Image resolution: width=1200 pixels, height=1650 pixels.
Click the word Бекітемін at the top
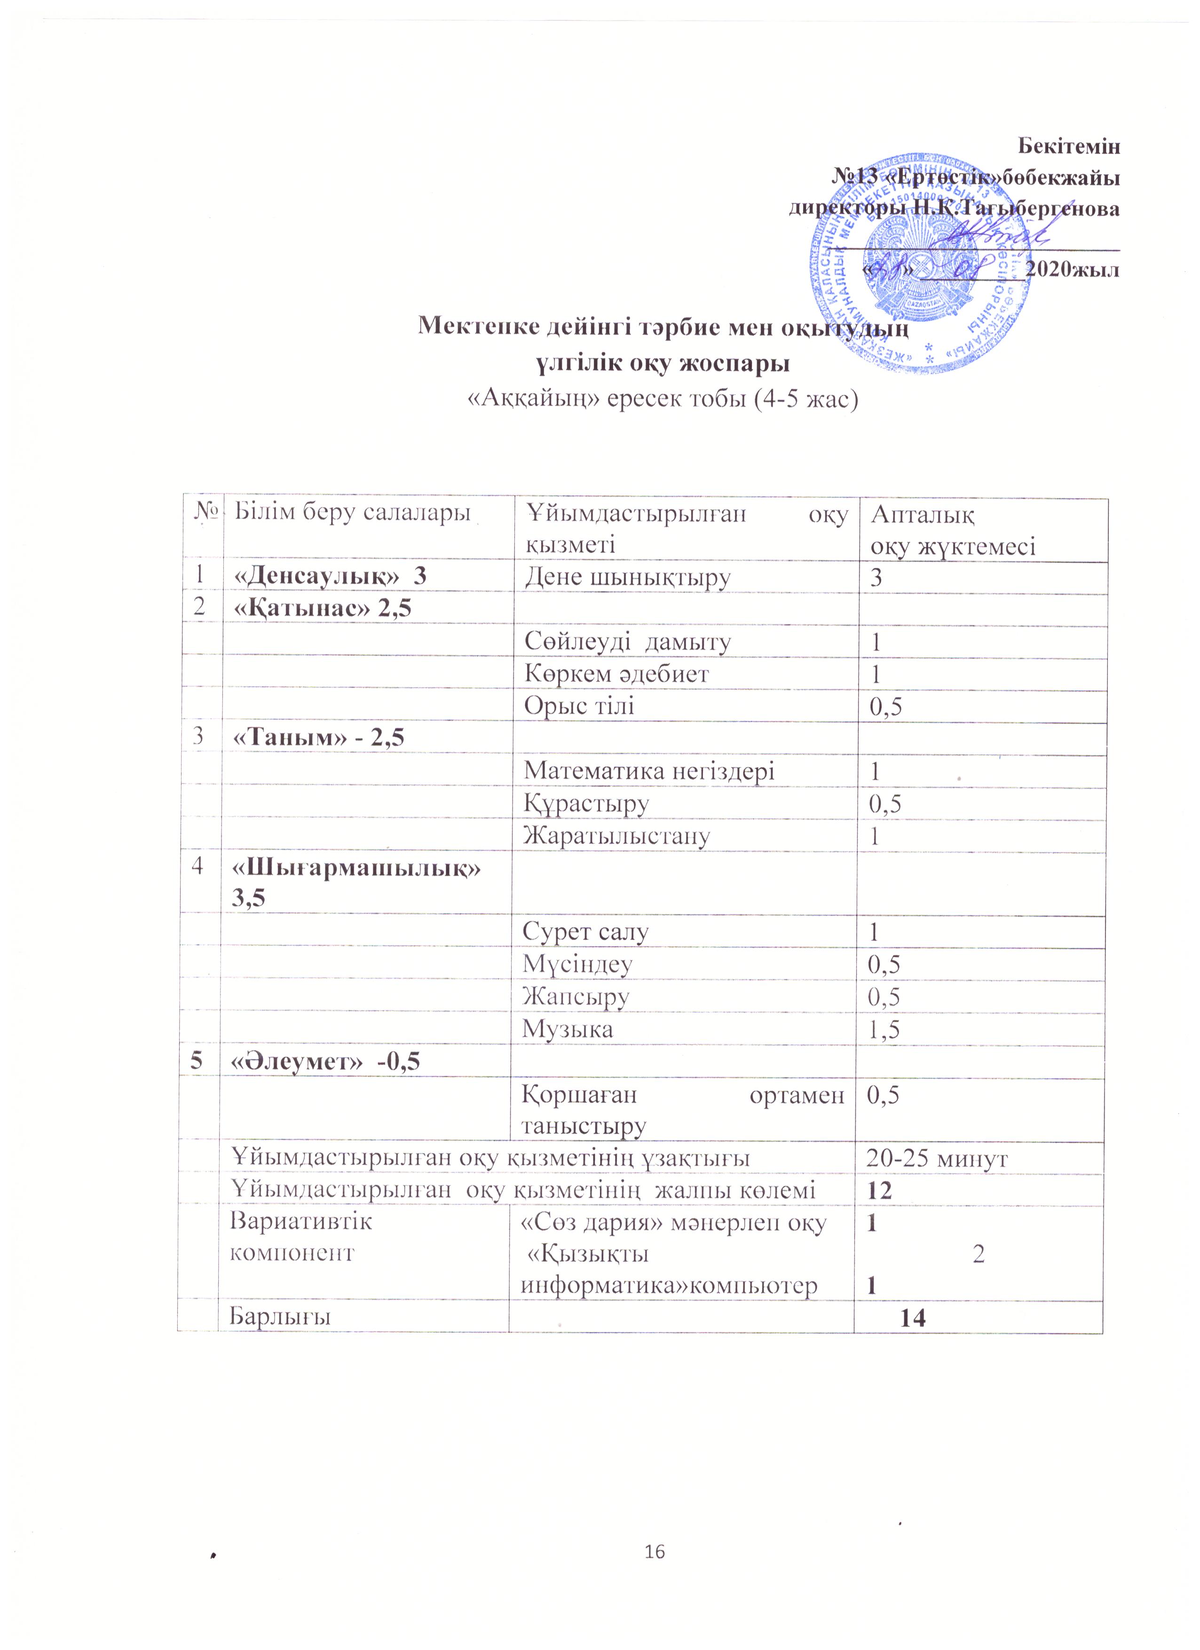1067,146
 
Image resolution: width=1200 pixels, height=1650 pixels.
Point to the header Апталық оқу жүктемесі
953,530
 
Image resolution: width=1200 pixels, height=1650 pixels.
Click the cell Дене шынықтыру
627,578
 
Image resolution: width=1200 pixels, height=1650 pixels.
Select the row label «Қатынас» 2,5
321,610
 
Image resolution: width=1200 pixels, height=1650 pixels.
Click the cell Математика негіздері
649,771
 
